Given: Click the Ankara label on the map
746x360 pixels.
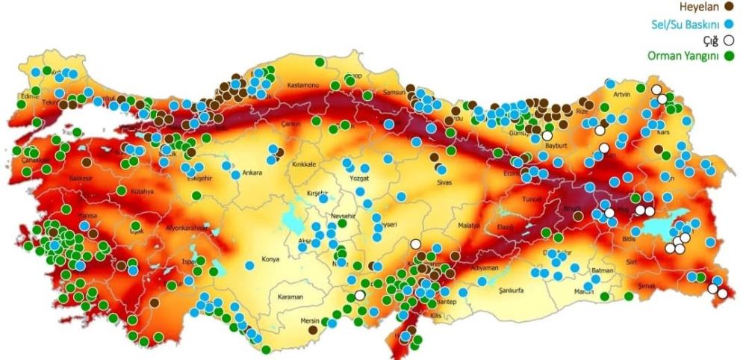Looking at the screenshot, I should point(252,173).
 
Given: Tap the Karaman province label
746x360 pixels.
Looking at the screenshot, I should point(290,297).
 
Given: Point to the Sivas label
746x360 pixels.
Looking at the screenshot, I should point(445,181).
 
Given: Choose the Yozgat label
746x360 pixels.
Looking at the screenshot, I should point(360,179).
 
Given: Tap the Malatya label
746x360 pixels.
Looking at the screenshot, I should point(468,225).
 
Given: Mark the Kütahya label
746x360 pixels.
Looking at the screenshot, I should point(143,191).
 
